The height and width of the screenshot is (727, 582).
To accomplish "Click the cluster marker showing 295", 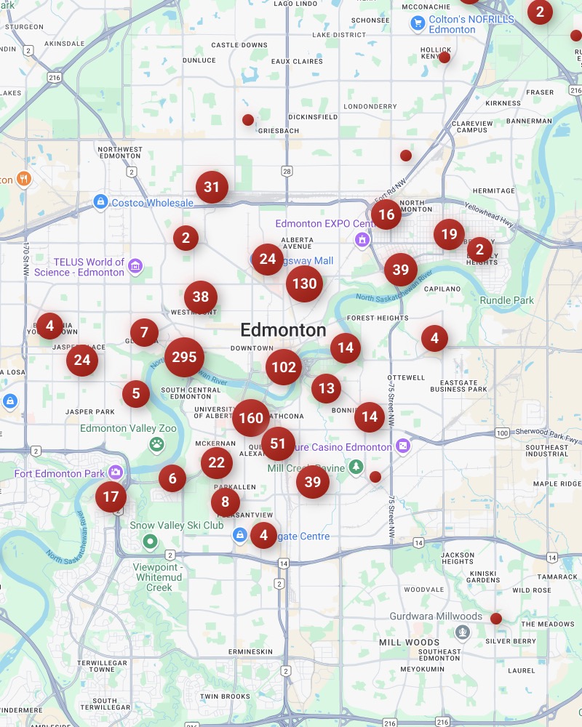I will [x=185, y=357].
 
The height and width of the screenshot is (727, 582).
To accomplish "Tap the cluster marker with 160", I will [x=251, y=418].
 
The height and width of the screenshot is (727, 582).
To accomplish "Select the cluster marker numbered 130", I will [x=304, y=284].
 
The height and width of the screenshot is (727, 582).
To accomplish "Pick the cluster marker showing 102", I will [x=283, y=367].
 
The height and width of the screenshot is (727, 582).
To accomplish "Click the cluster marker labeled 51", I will [x=278, y=443].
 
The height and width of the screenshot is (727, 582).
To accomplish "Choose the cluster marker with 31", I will [x=212, y=188].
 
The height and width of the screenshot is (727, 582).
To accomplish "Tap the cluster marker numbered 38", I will [x=201, y=297].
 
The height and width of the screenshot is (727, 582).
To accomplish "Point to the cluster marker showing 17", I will [x=111, y=497].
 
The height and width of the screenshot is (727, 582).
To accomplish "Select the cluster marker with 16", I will [x=386, y=214].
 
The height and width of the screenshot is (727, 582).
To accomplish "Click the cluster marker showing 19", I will [x=449, y=234].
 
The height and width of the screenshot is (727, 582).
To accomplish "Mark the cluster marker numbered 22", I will [x=217, y=462].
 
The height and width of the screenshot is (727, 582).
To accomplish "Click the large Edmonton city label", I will [x=283, y=330].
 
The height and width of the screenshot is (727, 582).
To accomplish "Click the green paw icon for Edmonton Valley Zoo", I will [x=156, y=443].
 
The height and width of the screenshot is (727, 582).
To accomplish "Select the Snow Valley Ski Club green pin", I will [x=151, y=541].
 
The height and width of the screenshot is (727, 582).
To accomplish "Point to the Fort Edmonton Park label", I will [x=60, y=474].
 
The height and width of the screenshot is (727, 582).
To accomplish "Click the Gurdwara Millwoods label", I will [x=436, y=616].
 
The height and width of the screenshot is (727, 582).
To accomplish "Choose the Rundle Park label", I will [x=507, y=300].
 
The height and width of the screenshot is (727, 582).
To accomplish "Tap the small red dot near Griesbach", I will [x=248, y=120].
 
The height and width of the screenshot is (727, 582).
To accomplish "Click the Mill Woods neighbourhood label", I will [x=409, y=643].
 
